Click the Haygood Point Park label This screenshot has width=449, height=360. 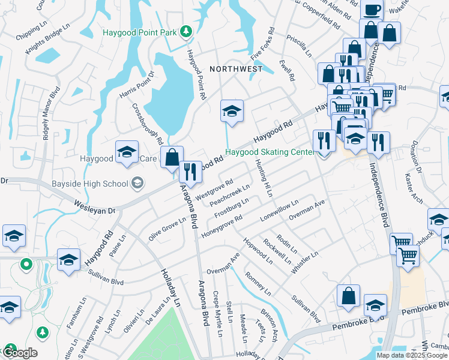click(x=141, y=32)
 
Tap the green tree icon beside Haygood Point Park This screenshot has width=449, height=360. click(x=187, y=31)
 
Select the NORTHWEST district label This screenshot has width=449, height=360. click(x=236, y=69)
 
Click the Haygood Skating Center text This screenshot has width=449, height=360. click(x=270, y=152)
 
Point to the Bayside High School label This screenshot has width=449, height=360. click(x=95, y=184)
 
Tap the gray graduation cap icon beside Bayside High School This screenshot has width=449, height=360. click(x=138, y=183)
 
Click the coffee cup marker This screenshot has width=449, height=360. click(x=372, y=10)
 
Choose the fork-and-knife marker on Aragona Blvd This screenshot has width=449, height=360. click(x=190, y=172)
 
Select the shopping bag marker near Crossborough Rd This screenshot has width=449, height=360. click(x=172, y=158)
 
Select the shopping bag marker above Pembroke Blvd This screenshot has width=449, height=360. click(x=348, y=296)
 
